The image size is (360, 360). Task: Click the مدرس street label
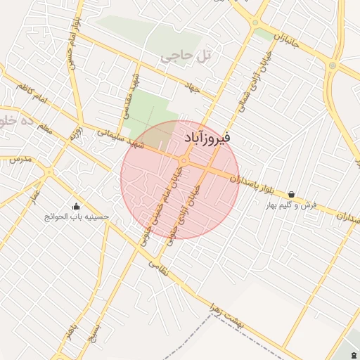(22, 160)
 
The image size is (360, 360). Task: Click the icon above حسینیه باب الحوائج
(77, 207)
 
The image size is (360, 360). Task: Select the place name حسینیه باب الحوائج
(77, 217)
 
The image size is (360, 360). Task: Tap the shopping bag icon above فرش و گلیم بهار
(291, 195)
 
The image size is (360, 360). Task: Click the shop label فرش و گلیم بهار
(291, 205)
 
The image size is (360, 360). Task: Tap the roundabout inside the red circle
(183, 162)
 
